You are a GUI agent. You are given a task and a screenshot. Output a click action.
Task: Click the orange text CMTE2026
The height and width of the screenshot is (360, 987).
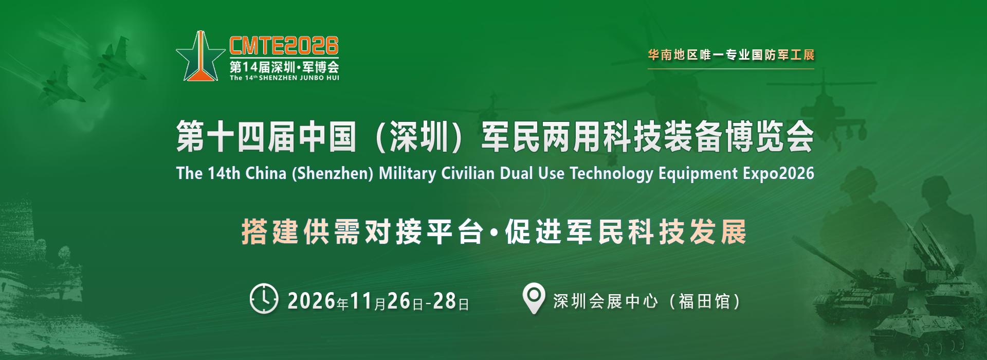point(284,46)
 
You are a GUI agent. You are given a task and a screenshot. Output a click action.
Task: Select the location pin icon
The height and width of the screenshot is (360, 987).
point(533,300)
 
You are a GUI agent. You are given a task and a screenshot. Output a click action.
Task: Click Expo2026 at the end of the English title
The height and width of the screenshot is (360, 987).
point(779,173)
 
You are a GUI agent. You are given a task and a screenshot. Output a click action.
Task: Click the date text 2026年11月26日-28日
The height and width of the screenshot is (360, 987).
point(378,301)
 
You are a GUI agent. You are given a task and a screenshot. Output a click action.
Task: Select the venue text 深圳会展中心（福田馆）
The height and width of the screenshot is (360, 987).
point(647,301)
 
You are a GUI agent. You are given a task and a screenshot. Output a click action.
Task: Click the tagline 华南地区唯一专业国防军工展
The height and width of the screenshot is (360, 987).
point(731,55)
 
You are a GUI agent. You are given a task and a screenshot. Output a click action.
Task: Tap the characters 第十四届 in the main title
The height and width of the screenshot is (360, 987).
point(235,137)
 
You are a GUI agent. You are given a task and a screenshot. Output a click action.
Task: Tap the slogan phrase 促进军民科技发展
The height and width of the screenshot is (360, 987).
point(626,233)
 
